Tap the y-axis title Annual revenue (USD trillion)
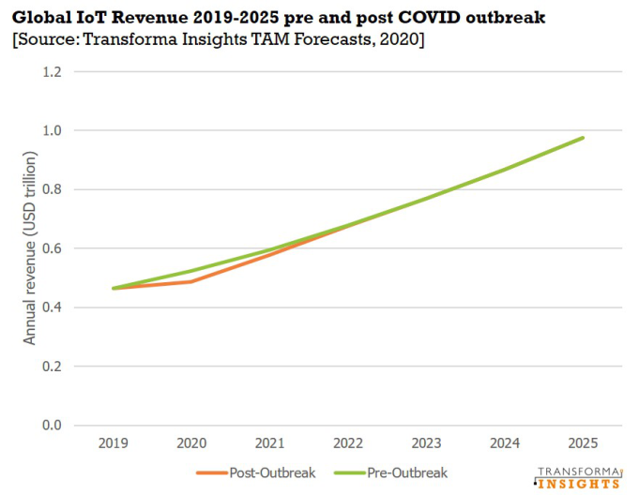click(x=30, y=248)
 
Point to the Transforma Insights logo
click(x=578, y=476)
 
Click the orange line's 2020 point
click(x=191, y=281)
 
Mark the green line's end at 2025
click(x=583, y=138)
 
